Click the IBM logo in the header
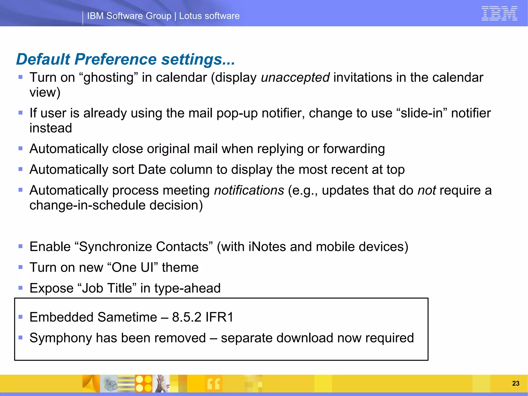click(x=499, y=13)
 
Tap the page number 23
click(x=516, y=383)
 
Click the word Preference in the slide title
click(x=115, y=59)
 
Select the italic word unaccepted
click(x=295, y=77)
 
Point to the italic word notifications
click(x=249, y=190)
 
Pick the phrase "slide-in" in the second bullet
click(x=421, y=113)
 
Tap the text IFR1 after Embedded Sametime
click(x=219, y=317)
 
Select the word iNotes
click(x=267, y=247)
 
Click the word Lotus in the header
click(x=191, y=16)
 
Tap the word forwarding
click(x=354, y=149)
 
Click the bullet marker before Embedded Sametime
click(x=21, y=317)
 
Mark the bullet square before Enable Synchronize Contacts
click(x=21, y=246)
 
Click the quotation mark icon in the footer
click(x=214, y=384)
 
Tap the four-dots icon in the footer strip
click(x=144, y=384)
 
